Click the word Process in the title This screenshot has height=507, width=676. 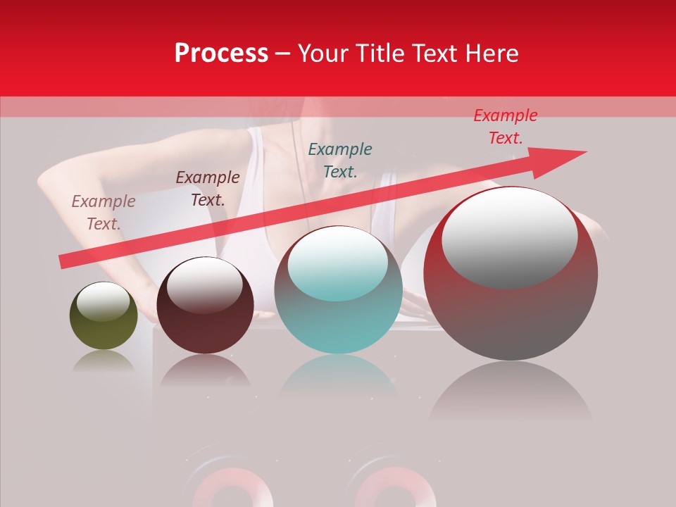coord(221,54)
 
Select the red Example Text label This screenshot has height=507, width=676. coord(506,127)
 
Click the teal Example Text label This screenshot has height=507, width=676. coord(340,160)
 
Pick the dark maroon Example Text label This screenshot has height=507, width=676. coord(208,188)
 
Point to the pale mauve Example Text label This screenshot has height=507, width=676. coord(104,212)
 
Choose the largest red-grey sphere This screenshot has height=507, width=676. coord(511,317)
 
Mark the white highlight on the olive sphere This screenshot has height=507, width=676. coord(104,301)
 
